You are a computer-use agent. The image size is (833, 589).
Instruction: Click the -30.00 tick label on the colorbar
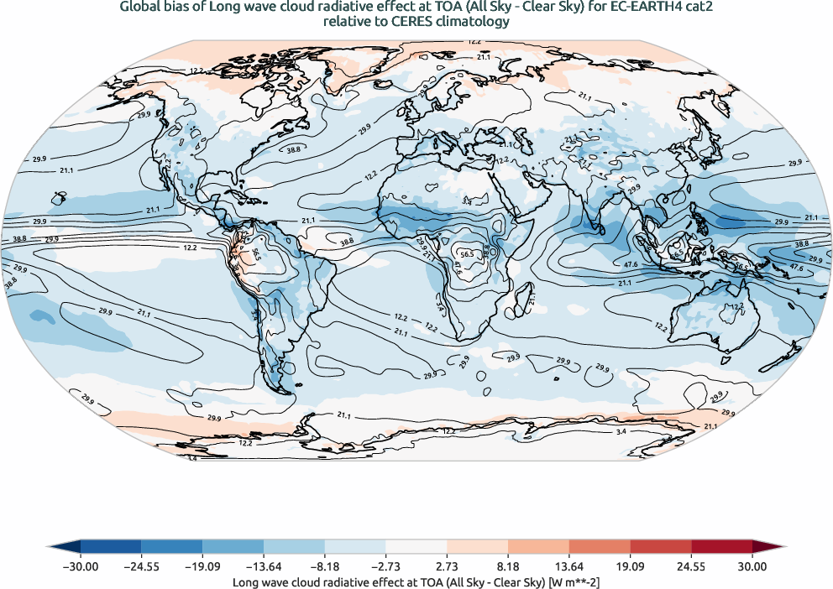click(x=81, y=566)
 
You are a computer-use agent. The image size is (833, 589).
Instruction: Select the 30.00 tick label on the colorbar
click(x=752, y=566)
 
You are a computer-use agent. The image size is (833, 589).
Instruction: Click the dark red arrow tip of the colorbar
click(x=768, y=545)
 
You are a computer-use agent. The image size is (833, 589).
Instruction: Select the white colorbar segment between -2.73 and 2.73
click(x=416, y=545)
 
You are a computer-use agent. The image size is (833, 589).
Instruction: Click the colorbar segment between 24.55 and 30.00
click(x=721, y=545)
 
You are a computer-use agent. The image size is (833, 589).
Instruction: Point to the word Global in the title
click(x=143, y=8)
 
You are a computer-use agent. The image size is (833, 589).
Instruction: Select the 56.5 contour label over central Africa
click(x=467, y=253)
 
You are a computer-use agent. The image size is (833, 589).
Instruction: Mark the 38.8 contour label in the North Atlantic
click(x=294, y=149)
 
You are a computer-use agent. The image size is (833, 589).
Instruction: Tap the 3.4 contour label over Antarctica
click(x=621, y=431)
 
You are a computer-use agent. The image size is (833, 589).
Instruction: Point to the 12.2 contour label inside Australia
click(x=736, y=307)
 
